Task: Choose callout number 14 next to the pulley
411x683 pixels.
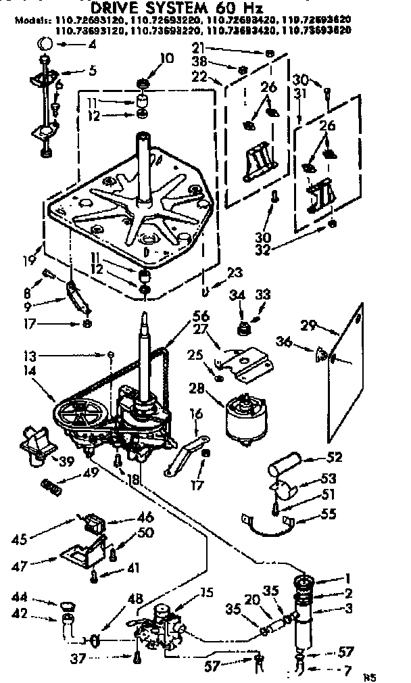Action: [x=28, y=371]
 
